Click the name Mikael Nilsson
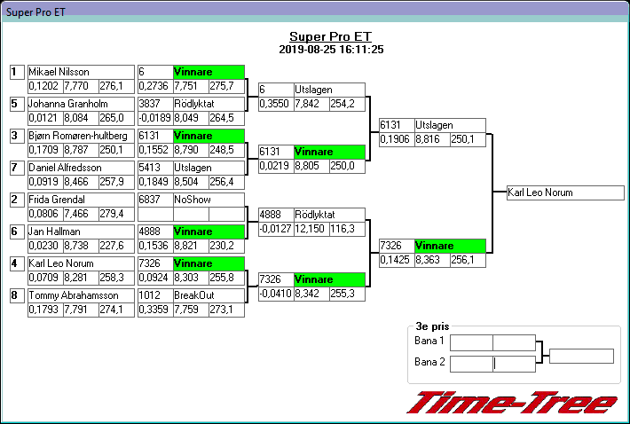[x=59, y=72]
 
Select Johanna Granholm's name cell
[x=63, y=104]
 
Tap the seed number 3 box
[x=16, y=136]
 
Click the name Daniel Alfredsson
[x=64, y=168]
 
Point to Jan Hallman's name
[x=54, y=232]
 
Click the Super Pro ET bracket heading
[x=330, y=36]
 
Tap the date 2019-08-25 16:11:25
[x=330, y=50]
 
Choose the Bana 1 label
[x=429, y=342]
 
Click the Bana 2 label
[x=429, y=362]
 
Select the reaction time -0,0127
[x=275, y=229]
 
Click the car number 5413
[x=150, y=168]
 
